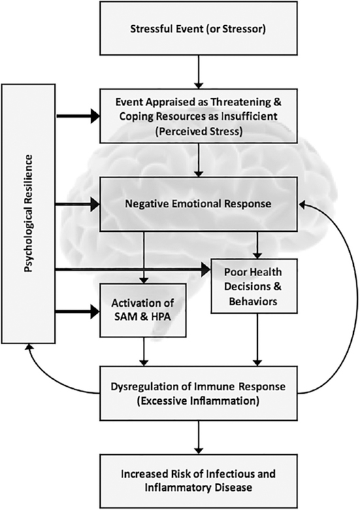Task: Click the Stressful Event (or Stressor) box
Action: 198,28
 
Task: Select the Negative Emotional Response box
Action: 198,204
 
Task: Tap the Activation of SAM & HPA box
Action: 143,310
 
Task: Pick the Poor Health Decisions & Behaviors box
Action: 255,286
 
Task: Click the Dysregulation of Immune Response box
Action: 198,393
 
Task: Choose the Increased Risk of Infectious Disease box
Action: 198,481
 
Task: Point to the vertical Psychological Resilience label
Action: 29,214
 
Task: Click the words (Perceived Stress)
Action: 199,132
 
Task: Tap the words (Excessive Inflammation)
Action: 198,401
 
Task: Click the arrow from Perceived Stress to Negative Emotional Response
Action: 198,160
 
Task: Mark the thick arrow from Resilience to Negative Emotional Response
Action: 78,204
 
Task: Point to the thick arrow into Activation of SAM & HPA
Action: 78,312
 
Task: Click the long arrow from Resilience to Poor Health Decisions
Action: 133,269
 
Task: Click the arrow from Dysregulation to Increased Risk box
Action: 198,437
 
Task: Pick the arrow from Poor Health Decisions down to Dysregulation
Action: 257,340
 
